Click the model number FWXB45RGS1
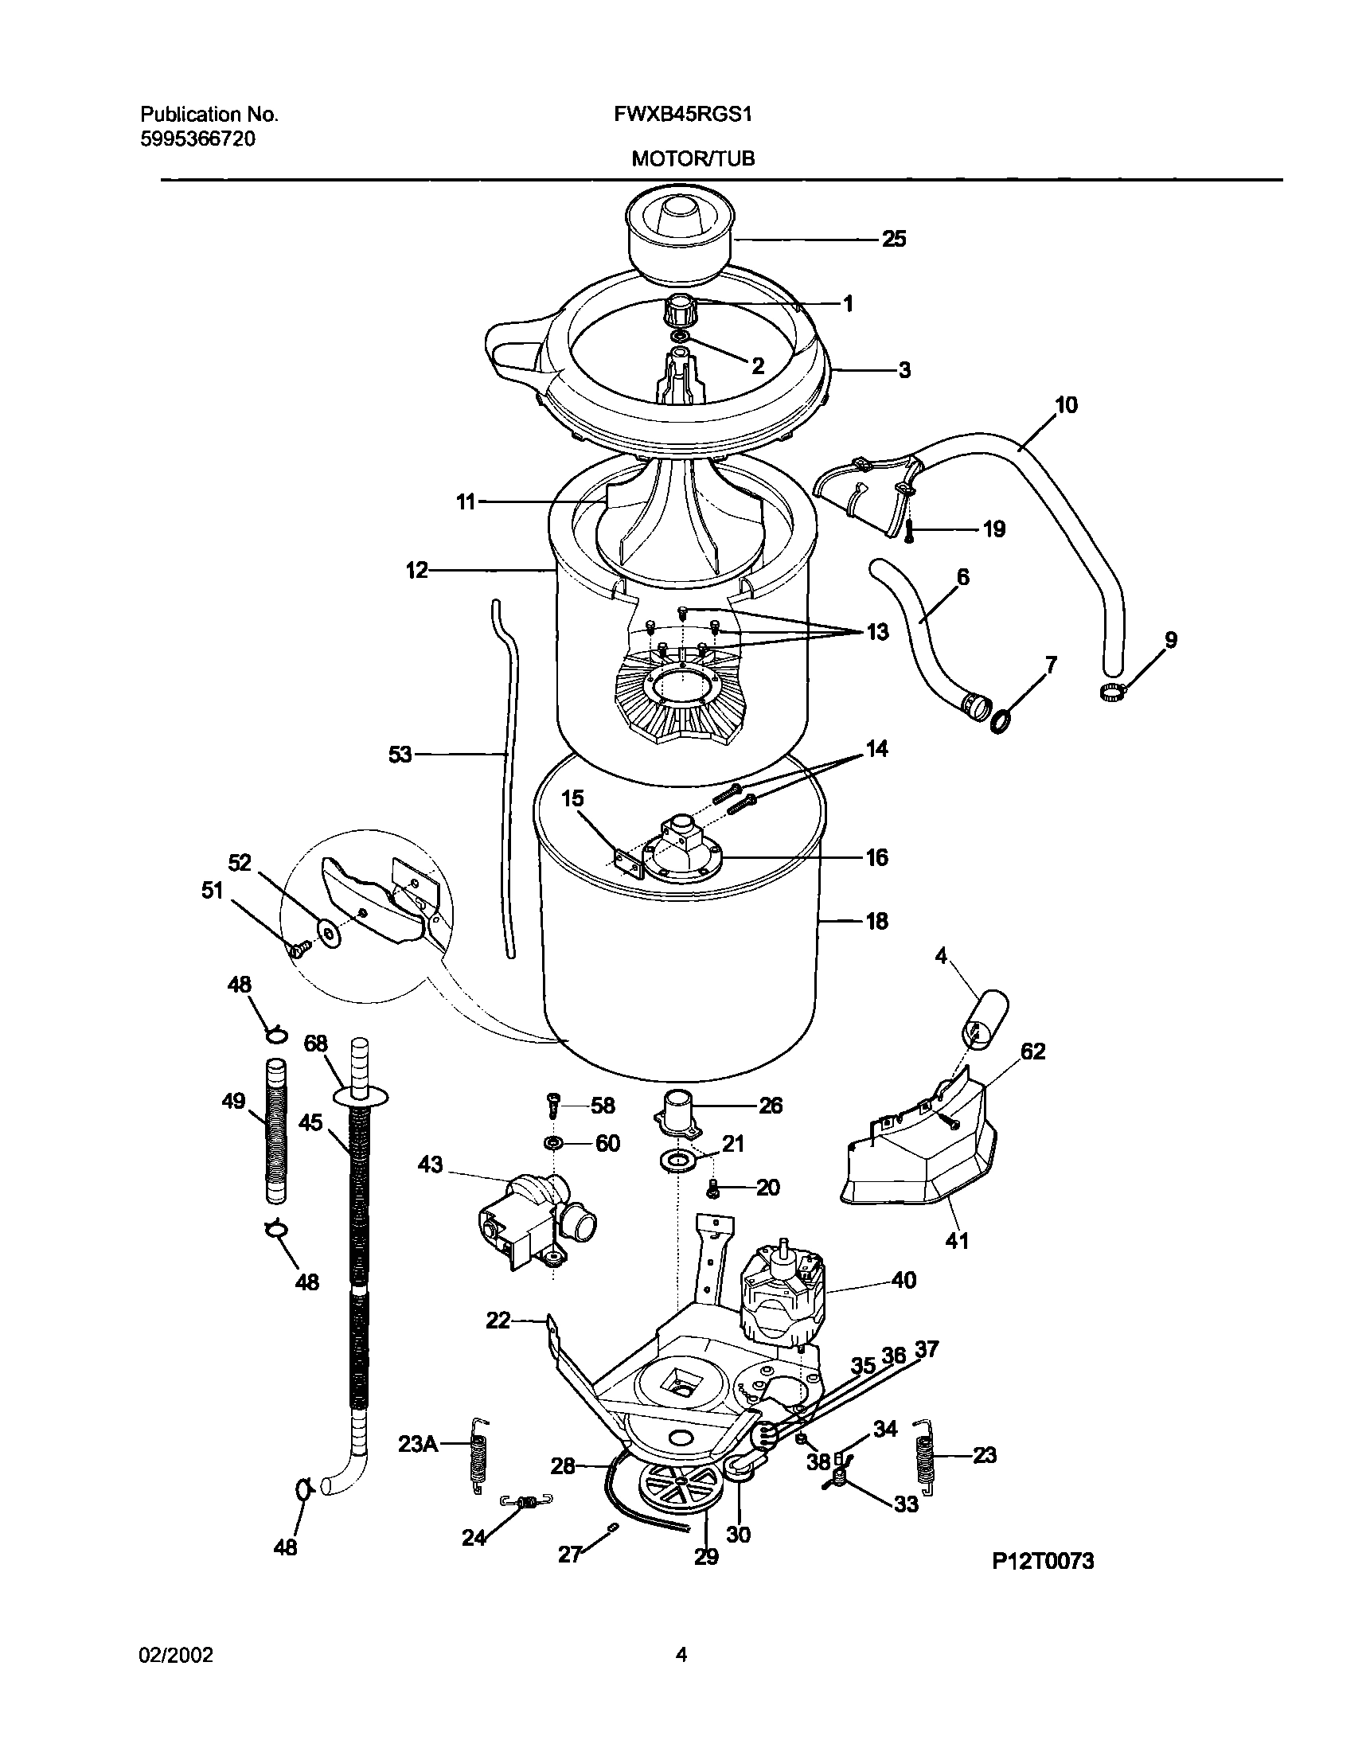coord(683,115)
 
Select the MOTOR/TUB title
coord(693,159)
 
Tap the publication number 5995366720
coord(198,139)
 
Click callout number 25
coord(893,239)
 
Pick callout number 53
coord(400,754)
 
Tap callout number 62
coord(1032,1051)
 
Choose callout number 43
coord(431,1165)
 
